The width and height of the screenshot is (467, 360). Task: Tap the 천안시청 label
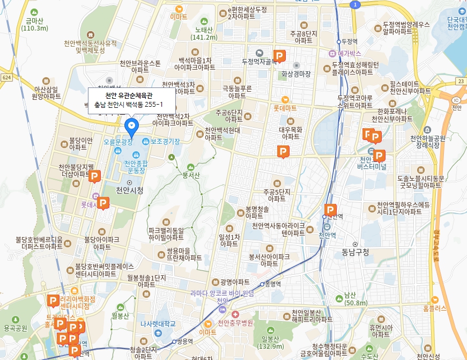pyautogui.click(x=129, y=190)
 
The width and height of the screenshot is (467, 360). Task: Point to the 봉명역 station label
pyautogui.click(x=273, y=284)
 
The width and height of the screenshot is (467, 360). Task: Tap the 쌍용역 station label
pyautogui.click(x=184, y=341)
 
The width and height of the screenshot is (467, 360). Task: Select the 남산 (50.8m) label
pyautogui.click(x=350, y=299)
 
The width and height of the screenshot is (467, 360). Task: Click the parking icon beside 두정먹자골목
pyautogui.click(x=279, y=55)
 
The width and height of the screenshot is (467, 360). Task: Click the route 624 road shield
pyautogui.click(x=6, y=77)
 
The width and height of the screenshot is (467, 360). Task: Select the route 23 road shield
pyautogui.click(x=461, y=81)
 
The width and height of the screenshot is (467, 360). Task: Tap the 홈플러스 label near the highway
pyautogui.click(x=434, y=308)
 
